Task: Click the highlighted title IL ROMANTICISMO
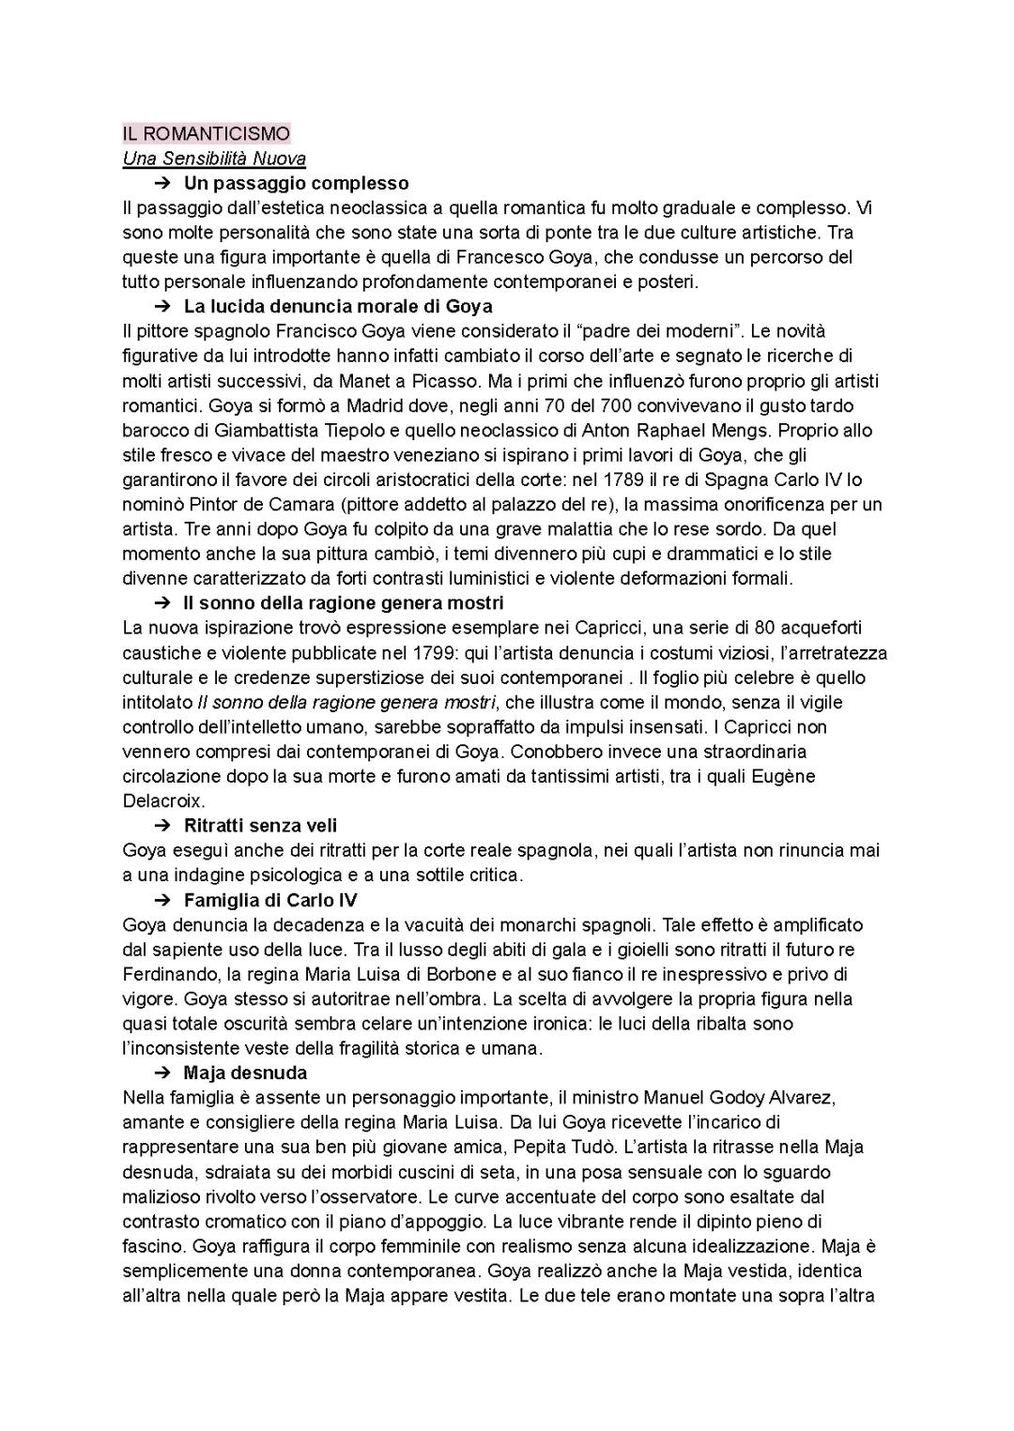coord(207,133)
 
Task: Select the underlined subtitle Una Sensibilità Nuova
coord(214,159)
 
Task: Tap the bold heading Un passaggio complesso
coord(296,183)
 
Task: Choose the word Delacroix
coord(163,801)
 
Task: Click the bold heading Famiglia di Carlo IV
coord(270,900)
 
